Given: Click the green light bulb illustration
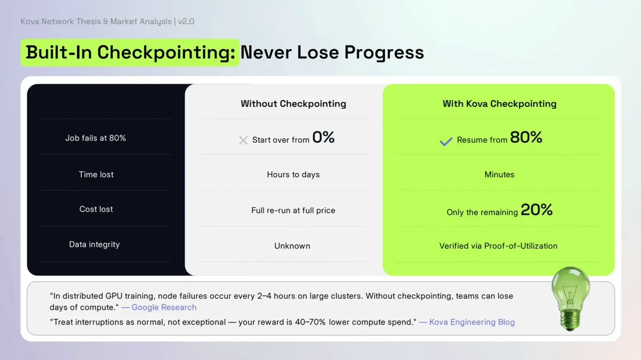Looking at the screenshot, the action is [x=570, y=298].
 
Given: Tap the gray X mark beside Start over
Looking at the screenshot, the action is [x=243, y=140].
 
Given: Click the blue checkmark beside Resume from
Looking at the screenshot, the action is [x=446, y=141].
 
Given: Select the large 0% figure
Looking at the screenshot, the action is [x=323, y=137].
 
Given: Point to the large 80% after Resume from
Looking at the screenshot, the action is [x=526, y=137].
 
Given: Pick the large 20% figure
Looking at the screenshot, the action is [x=537, y=210].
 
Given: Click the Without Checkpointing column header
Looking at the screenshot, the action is [x=294, y=103].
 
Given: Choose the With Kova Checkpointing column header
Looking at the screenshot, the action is [x=499, y=103].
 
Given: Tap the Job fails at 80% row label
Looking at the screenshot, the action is [x=96, y=138].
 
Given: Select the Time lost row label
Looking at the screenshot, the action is [x=96, y=174].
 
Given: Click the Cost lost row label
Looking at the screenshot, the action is [x=96, y=209].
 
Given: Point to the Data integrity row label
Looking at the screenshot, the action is [x=95, y=244].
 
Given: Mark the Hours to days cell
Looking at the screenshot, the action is [x=294, y=175].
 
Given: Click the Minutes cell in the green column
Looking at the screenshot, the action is [x=499, y=175].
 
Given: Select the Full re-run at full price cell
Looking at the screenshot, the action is [x=293, y=210].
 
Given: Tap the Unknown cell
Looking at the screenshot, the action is [x=292, y=246].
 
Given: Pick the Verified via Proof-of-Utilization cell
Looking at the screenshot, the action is [x=498, y=246].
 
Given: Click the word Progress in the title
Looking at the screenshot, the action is [x=384, y=52].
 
